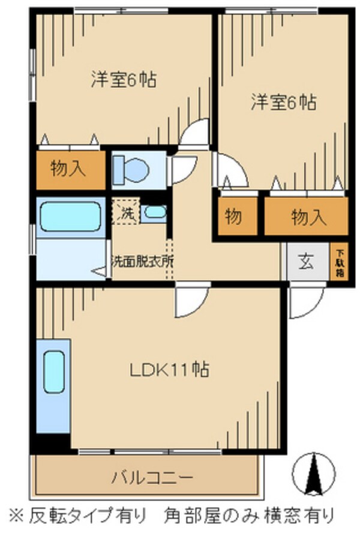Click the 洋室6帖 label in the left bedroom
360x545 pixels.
pos(124,79)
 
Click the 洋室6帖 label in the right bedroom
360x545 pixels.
pos(283,102)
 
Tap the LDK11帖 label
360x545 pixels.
pos(170,369)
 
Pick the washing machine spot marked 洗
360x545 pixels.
pos(125,212)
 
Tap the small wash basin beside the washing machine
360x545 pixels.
pos(155,212)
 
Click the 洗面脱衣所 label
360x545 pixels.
pos(142,261)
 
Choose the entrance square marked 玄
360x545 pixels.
pos(306,262)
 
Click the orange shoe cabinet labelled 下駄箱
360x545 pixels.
pos(339,262)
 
